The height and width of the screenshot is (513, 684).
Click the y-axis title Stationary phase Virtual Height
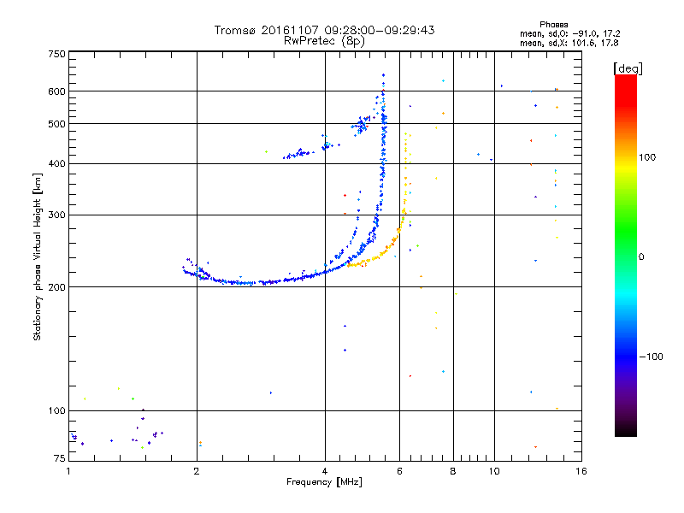38,256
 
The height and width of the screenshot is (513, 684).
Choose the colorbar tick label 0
641,256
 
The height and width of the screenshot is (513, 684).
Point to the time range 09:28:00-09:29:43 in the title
379,30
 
